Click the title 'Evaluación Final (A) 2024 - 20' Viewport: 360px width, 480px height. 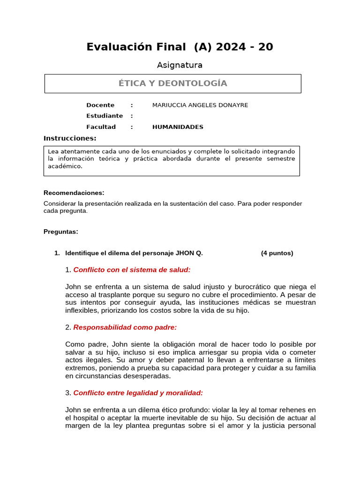pos(180,47)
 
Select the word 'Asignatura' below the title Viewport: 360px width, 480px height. pos(180,65)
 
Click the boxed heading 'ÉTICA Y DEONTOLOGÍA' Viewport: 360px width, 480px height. pos(172,83)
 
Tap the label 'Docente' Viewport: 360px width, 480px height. pos(100,105)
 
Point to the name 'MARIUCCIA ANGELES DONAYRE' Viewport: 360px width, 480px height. pos(200,105)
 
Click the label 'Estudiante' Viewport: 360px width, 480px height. pos(105,116)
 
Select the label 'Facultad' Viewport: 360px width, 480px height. pos(101,127)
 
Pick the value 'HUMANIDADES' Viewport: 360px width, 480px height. pos(178,127)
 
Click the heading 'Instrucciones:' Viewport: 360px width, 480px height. pos(70,138)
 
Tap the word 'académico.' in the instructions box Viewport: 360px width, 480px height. pos(65,166)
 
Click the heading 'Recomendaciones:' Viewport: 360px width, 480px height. pos(74,193)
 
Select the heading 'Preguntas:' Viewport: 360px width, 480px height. pos(61,232)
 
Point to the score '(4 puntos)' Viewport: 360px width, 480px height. pos(277,253)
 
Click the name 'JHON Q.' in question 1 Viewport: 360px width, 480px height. pos(189,253)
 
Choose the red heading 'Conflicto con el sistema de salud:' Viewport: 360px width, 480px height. pos(132,270)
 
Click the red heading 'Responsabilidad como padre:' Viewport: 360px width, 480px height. pos(125,327)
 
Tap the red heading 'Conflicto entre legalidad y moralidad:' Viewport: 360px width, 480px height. pos(138,393)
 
